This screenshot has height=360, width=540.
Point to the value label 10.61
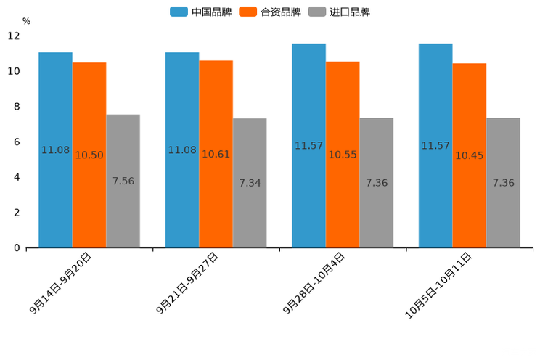pos(216,155)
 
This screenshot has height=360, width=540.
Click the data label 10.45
pos(469,155)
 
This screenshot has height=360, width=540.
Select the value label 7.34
pos(250,183)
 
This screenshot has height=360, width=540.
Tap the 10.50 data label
pos(89,155)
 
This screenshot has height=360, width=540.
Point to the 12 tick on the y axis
pos(14,36)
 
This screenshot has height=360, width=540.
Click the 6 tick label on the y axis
pos(17,142)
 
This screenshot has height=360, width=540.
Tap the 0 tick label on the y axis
pos(17,248)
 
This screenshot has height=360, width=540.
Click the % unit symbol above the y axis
pos(26,21)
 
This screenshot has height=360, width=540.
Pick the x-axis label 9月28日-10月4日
pos(314,283)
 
